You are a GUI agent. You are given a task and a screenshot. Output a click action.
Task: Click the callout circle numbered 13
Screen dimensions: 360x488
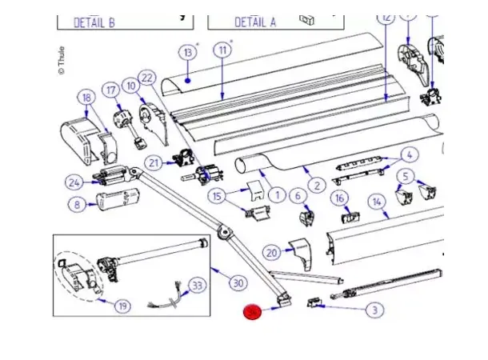click(188, 53)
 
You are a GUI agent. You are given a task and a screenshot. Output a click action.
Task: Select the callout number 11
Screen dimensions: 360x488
click(222, 50)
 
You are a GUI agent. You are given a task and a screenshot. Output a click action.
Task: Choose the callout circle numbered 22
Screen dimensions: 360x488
click(146, 78)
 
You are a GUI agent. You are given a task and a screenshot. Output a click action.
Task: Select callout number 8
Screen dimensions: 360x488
click(77, 205)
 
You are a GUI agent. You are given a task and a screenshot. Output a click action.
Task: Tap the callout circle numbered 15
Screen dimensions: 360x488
click(217, 196)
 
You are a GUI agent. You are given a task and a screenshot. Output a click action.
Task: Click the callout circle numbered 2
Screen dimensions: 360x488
click(317, 186)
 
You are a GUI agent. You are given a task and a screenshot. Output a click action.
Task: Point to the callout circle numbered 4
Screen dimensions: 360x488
click(408, 154)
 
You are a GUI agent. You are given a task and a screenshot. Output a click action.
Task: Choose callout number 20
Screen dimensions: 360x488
click(273, 253)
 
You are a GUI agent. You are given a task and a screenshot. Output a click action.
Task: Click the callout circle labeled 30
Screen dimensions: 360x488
click(237, 282)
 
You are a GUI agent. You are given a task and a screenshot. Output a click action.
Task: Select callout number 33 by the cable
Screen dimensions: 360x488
click(197, 285)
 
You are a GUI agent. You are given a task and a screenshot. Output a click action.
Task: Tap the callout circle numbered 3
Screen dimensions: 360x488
click(374, 310)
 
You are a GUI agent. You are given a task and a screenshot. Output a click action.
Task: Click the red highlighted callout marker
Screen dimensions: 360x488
click(254, 312)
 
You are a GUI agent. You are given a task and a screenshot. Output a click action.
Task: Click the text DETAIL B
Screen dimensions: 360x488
click(94, 22)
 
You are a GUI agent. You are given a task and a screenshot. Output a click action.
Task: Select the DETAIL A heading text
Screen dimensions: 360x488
click(254, 22)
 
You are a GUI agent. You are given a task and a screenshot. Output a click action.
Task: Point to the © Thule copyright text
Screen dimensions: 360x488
click(60, 61)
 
